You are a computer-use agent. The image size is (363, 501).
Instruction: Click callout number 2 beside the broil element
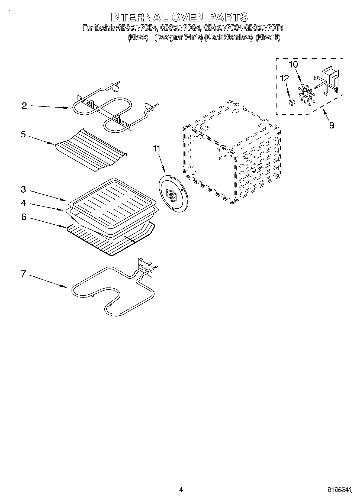tap(24, 106)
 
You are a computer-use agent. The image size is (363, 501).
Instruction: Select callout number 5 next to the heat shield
tap(24, 134)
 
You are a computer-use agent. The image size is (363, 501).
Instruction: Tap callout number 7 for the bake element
tap(24, 274)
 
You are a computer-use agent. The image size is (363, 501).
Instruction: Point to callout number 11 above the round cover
tap(157, 148)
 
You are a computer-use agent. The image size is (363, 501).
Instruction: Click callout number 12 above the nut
tap(284, 78)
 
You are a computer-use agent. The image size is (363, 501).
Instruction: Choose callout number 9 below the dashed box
tap(332, 125)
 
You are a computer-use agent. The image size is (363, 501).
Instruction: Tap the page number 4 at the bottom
tap(181, 489)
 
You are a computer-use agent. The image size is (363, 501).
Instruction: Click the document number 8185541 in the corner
tap(339, 490)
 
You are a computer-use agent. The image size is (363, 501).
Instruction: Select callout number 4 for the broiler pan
tap(24, 203)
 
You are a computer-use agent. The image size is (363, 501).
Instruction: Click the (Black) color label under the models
tap(138, 37)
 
